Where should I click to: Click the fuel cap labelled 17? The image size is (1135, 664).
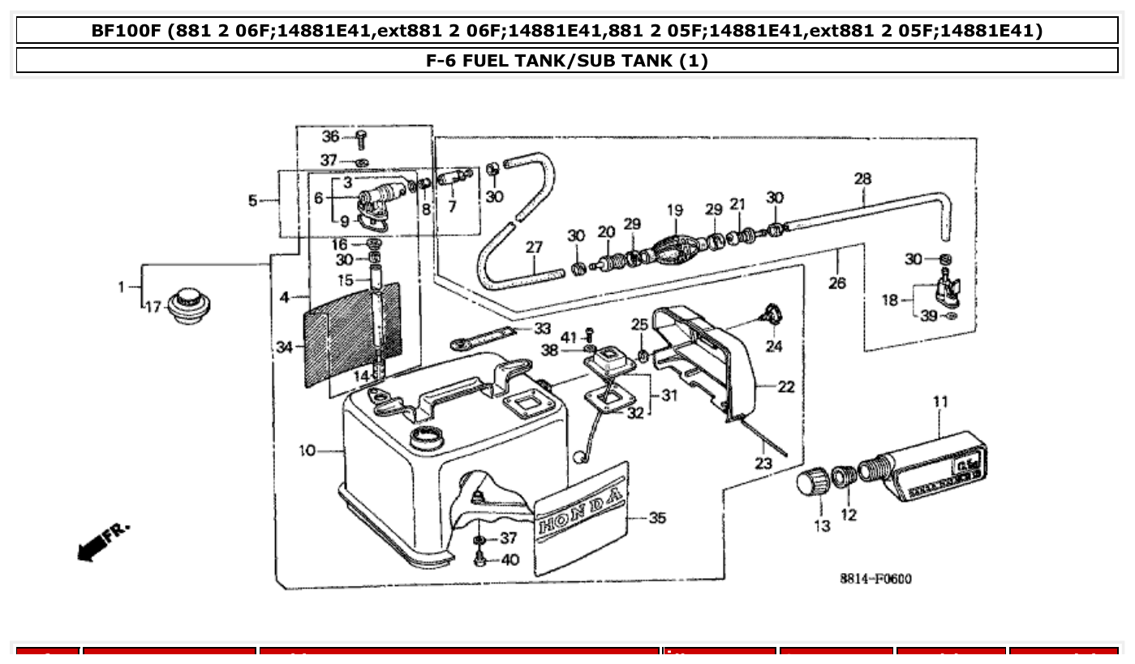[188, 306]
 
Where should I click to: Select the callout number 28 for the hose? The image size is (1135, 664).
[862, 177]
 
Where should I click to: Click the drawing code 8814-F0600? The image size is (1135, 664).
[875, 579]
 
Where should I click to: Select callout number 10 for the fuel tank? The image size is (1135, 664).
[307, 451]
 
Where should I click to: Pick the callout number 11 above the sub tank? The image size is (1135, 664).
[939, 401]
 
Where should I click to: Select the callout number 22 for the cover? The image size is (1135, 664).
[785, 387]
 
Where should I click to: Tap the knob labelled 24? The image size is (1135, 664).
[771, 312]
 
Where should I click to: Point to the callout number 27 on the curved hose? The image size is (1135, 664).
[533, 246]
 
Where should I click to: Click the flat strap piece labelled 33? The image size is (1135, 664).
[484, 336]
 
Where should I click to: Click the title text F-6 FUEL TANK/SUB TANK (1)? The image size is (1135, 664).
[566, 61]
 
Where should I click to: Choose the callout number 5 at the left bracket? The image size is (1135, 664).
[252, 200]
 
